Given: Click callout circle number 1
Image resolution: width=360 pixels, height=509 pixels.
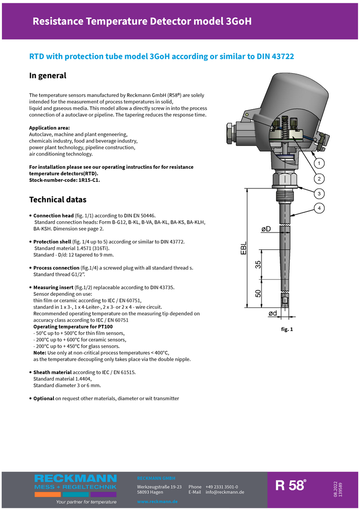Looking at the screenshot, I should [x=319, y=164].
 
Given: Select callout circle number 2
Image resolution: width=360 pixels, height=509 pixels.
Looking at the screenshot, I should [x=319, y=179].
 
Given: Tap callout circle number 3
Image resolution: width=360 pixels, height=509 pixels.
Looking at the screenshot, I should [x=319, y=193].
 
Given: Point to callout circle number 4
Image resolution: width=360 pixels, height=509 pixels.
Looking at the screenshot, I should [x=319, y=208].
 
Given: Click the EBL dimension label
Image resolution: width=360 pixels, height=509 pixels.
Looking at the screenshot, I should [x=244, y=249].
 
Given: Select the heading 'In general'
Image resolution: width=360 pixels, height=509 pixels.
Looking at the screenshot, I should [x=48, y=75].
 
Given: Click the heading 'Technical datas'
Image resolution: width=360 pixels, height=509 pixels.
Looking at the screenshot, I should [x=58, y=200].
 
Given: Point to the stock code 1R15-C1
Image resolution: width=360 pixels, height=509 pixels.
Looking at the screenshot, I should [x=88, y=180].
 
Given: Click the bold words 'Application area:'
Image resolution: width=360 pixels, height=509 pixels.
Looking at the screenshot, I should [x=49, y=128].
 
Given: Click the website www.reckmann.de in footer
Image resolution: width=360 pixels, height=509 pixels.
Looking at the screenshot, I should [x=157, y=502].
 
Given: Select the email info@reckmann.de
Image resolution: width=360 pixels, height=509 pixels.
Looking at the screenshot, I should [x=225, y=492].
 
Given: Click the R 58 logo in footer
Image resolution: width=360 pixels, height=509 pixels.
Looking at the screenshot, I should [x=291, y=486].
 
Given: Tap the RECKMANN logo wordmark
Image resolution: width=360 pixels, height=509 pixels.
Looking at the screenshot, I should [x=75, y=479].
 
